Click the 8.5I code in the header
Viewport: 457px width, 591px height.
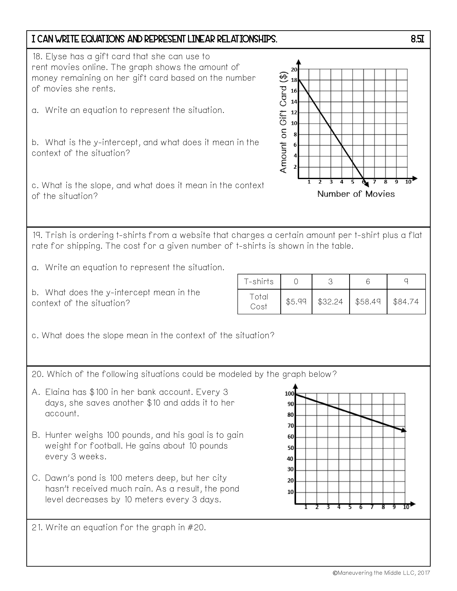(417, 40)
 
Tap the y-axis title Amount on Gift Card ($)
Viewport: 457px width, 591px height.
(283, 122)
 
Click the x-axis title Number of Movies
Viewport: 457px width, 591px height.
(356, 194)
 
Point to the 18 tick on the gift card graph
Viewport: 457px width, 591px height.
(294, 80)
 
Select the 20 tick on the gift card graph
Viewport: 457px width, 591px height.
(294, 69)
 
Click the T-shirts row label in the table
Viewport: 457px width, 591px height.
(259, 282)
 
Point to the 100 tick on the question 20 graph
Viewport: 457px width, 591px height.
(289, 394)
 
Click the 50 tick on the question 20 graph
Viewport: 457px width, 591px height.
(290, 448)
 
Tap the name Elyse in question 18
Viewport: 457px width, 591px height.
(56, 57)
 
